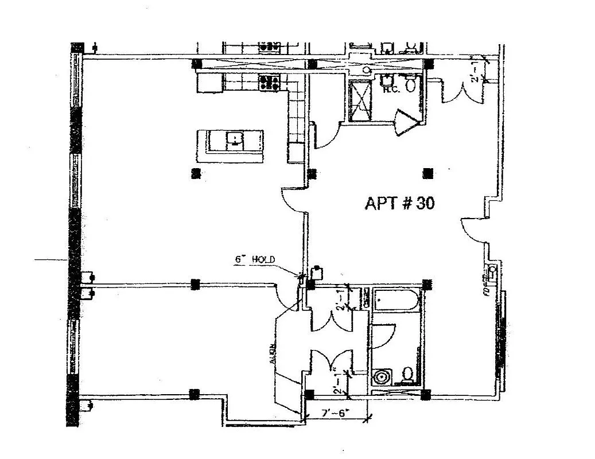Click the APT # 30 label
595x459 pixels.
(x=399, y=204)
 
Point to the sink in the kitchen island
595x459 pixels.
(x=235, y=138)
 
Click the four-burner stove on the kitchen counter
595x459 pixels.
(x=270, y=83)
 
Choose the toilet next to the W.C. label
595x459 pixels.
(x=410, y=85)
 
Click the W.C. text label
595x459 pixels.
(x=391, y=90)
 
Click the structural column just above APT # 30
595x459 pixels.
(x=426, y=172)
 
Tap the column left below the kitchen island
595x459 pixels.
(x=196, y=172)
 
